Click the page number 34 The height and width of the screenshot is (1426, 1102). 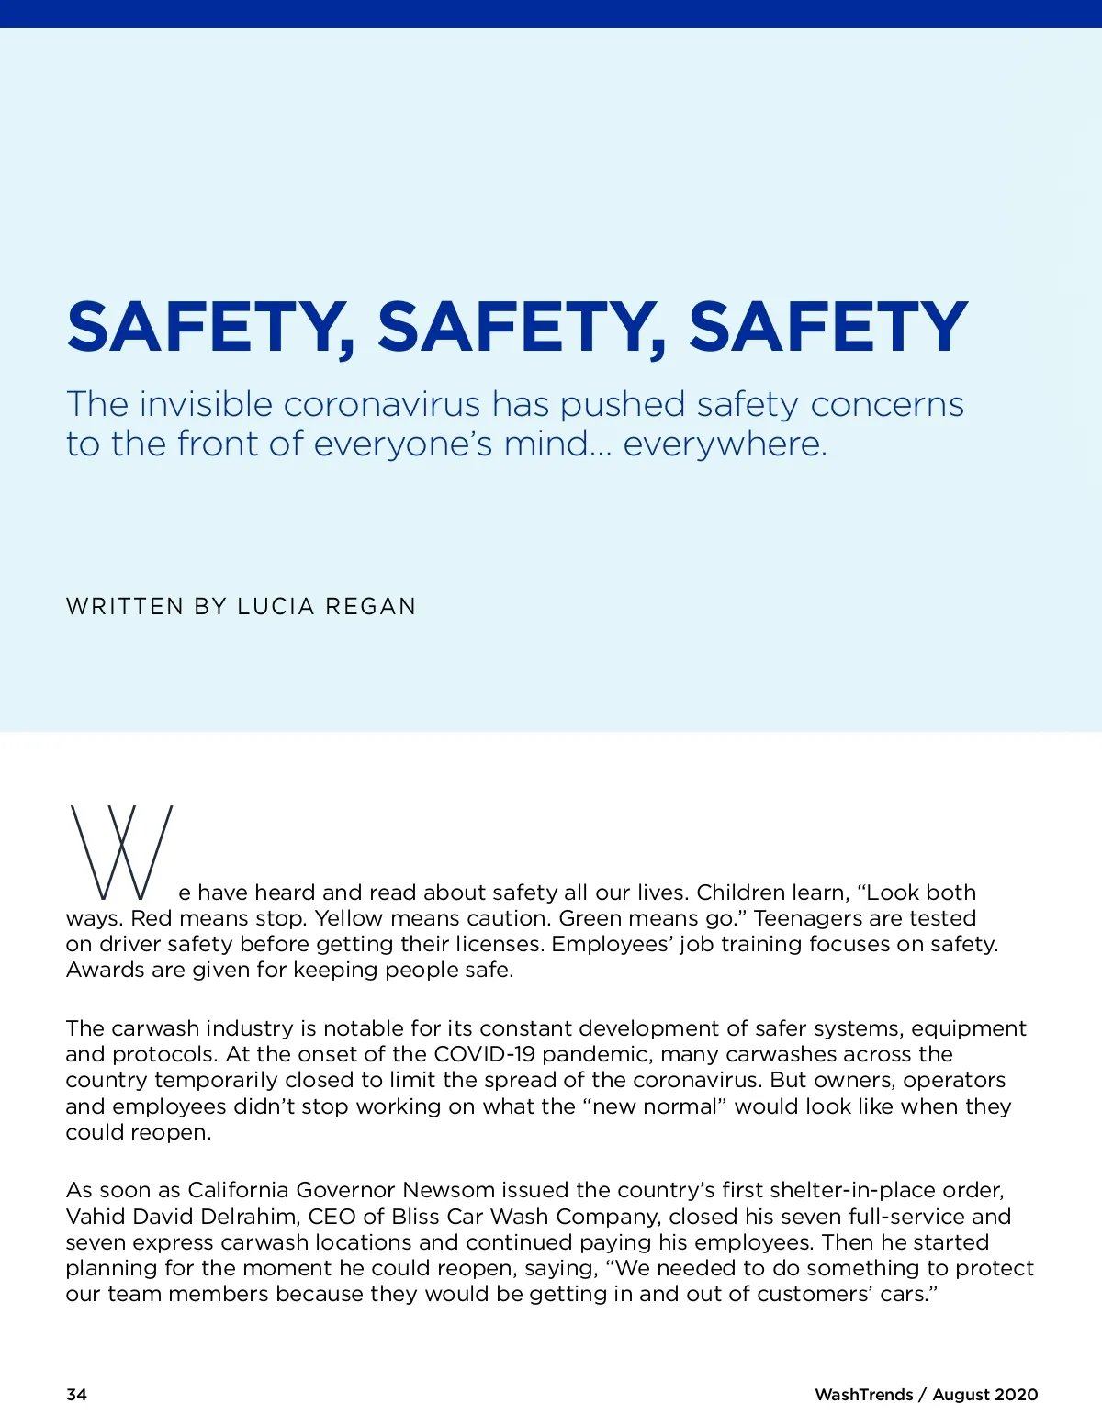coord(76,1395)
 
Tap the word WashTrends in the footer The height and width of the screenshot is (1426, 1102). coord(863,1395)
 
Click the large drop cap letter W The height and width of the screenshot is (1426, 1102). coord(120,853)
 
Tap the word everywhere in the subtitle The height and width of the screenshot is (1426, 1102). coord(725,444)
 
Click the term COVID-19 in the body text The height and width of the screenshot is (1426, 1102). coord(484,1054)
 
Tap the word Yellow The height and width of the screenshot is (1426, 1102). coord(349,918)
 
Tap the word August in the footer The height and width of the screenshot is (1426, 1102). coord(964,1395)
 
